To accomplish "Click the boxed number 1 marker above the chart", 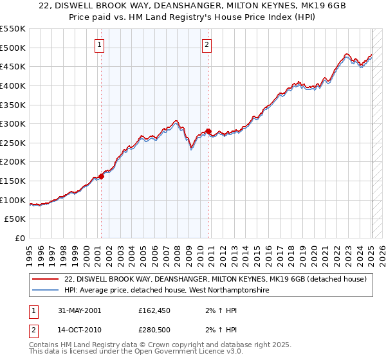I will pos(100,45).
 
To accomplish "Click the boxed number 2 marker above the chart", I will pos(207,45).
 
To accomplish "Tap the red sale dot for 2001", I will pos(102,176).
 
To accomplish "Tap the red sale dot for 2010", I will pos(208,131).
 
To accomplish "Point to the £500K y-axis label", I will pos(13,48).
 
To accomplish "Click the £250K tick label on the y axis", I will pos(13,143).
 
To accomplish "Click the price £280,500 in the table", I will pos(158,331).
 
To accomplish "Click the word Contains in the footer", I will pos(46,346).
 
